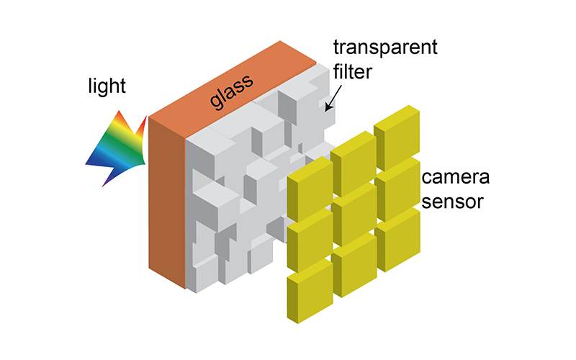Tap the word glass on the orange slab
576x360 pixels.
[x=232, y=92]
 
